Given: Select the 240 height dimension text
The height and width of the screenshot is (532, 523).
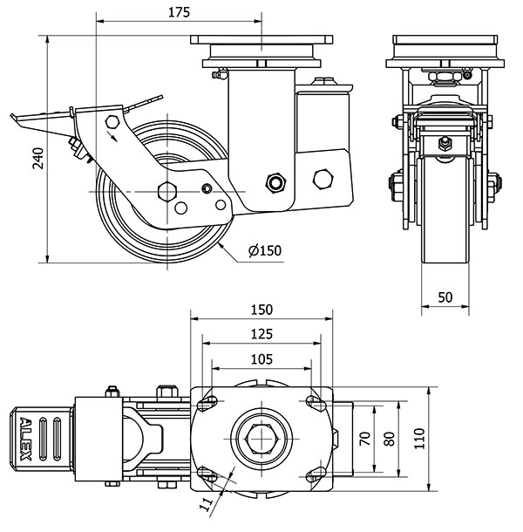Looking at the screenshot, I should click(37, 159).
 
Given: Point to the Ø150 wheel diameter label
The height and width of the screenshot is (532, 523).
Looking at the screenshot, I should click(264, 251).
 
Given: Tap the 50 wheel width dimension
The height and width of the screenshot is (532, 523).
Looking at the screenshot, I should click(445, 297).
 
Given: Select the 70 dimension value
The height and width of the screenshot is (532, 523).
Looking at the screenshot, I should click(366, 439).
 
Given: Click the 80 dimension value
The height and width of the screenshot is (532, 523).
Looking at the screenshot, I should click(390, 439).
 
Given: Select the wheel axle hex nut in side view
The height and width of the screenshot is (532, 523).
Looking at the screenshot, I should click(166, 191).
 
